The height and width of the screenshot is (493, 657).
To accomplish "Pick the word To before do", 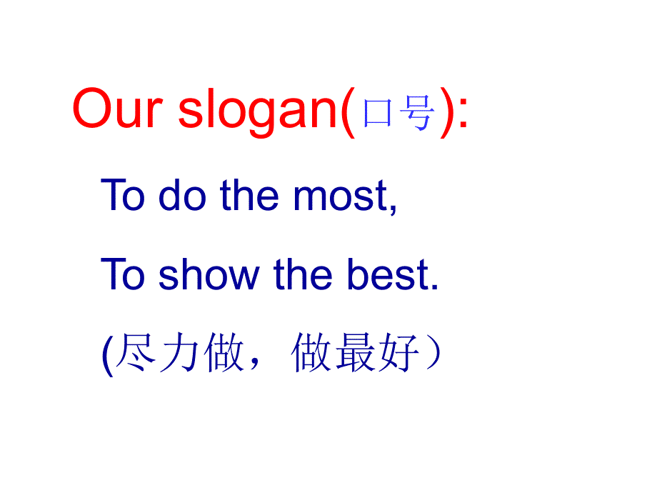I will (x=124, y=195).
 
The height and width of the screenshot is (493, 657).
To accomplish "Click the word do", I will (x=180, y=195).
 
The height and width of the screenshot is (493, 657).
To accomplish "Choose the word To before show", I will (x=124, y=275).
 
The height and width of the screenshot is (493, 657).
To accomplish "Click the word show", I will (x=209, y=275).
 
